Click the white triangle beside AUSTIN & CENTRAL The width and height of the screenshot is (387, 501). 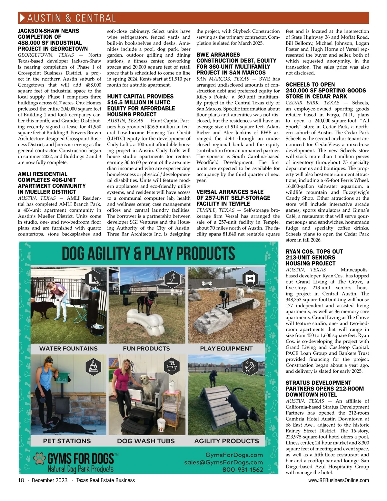[22, 18]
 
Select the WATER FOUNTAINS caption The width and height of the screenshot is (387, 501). [68, 349]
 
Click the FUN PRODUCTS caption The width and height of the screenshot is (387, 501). [146, 349]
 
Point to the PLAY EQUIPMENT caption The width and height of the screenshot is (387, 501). [226, 349]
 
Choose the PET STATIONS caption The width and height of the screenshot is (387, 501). [67, 441]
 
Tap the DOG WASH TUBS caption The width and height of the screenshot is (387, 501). [146, 441]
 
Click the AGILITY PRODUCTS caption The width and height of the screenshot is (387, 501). [226, 441]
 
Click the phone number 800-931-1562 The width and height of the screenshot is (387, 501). [243, 469]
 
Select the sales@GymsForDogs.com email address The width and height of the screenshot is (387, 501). [223, 462]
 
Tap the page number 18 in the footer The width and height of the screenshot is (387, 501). [21, 480]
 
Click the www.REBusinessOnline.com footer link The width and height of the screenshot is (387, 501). [338, 480]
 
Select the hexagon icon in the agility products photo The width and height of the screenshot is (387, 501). [250, 366]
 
